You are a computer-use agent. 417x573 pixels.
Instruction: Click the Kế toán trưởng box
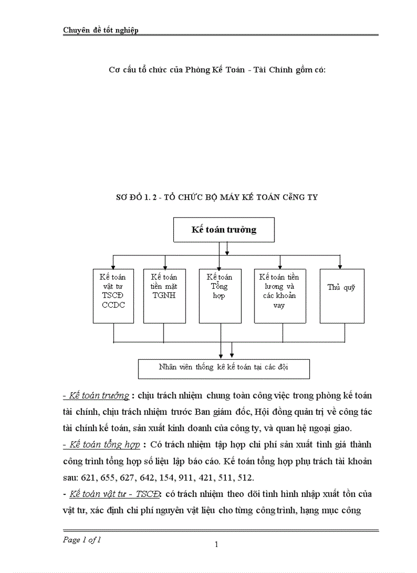click(224, 230)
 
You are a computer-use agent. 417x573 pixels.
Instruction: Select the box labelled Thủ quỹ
click(342, 296)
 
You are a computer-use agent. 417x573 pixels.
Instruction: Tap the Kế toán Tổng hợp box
click(220, 296)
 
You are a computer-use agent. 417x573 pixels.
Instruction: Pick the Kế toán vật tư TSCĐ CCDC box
click(113, 296)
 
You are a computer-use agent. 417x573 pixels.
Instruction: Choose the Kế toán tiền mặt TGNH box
click(164, 296)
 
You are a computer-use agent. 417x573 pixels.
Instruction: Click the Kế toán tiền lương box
click(280, 296)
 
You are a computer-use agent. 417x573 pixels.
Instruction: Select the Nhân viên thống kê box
click(224, 368)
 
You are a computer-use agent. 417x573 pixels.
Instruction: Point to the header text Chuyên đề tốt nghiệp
click(101, 30)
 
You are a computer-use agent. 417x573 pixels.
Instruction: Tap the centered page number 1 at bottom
click(216, 544)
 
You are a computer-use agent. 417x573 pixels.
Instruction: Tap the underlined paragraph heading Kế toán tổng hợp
click(101, 444)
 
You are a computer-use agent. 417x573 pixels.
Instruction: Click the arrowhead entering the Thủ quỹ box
click(339, 266)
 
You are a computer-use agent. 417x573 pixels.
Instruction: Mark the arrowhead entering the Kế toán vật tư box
click(113, 266)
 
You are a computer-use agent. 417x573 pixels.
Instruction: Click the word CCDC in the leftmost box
click(113, 305)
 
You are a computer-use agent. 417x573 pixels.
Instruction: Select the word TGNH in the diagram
click(164, 295)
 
